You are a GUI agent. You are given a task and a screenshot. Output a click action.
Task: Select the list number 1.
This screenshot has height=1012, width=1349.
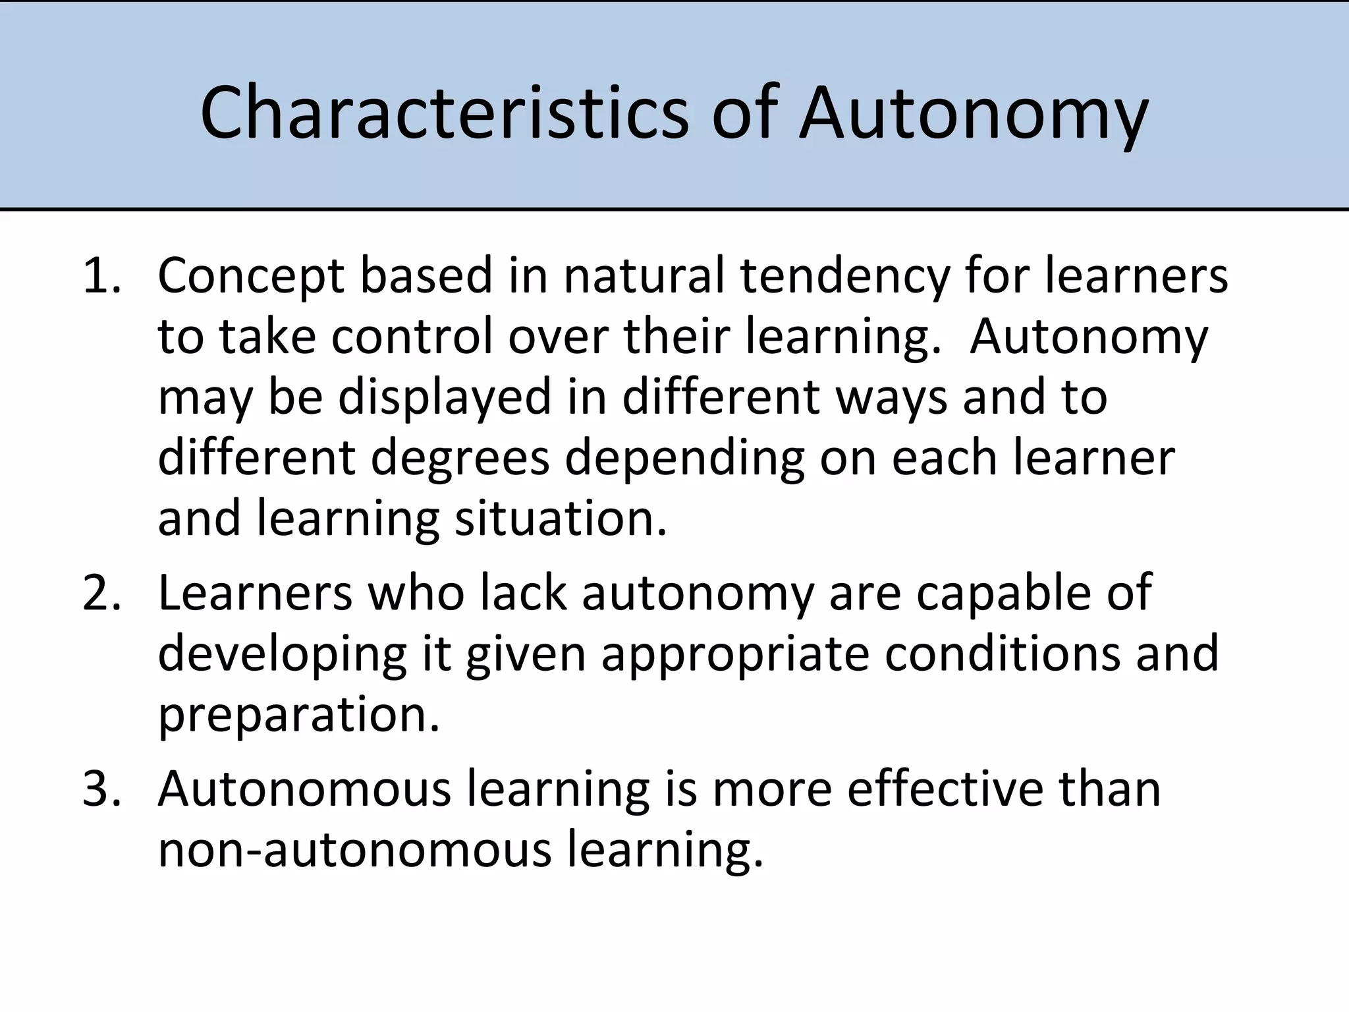click(101, 275)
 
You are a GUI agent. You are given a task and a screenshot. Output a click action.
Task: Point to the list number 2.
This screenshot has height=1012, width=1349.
click(101, 592)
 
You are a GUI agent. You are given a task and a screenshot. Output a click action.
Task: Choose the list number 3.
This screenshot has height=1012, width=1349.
click(101, 788)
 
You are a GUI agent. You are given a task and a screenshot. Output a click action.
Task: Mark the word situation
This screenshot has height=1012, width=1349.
click(561, 519)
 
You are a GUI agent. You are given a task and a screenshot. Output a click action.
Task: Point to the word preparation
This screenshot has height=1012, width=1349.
click(298, 716)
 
